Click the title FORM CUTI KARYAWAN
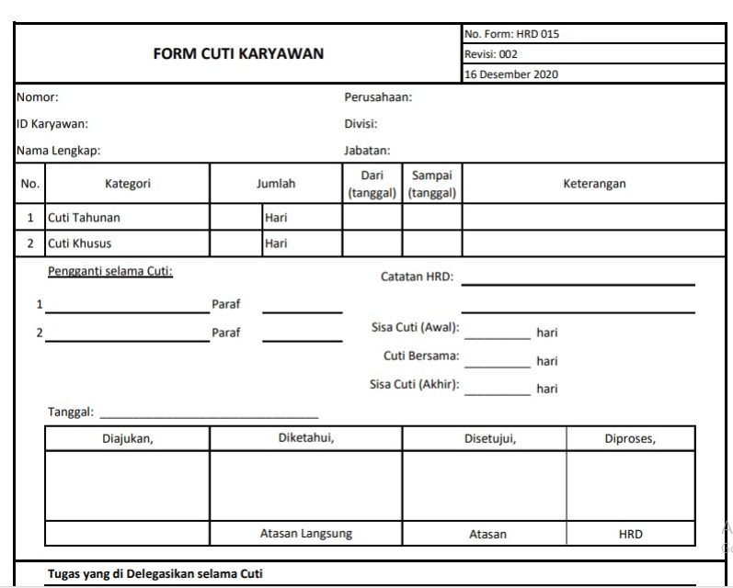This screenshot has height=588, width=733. point(238,53)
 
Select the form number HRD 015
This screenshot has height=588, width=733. point(512,34)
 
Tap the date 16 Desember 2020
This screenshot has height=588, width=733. point(511,74)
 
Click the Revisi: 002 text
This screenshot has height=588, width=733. point(491,54)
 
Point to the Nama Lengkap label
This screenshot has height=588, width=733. point(58,151)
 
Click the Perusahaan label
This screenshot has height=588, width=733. point(378,96)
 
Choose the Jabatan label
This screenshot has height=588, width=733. point(368,151)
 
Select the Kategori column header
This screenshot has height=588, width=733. point(128,184)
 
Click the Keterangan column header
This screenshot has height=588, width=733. point(594,184)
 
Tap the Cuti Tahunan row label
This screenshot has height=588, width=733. point(84,218)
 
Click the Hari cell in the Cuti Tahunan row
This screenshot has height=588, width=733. point(276,218)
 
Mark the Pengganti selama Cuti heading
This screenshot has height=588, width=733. point(110,271)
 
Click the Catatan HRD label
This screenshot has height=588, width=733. point(417,276)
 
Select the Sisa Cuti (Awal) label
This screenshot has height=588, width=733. point(416,328)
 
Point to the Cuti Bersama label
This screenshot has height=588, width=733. point(421,356)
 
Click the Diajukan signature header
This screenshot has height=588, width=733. point(128,438)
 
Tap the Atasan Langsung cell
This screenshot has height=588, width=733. point(305,534)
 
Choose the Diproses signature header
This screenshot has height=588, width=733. point(630,438)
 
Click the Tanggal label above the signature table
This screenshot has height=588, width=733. point(70,413)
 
